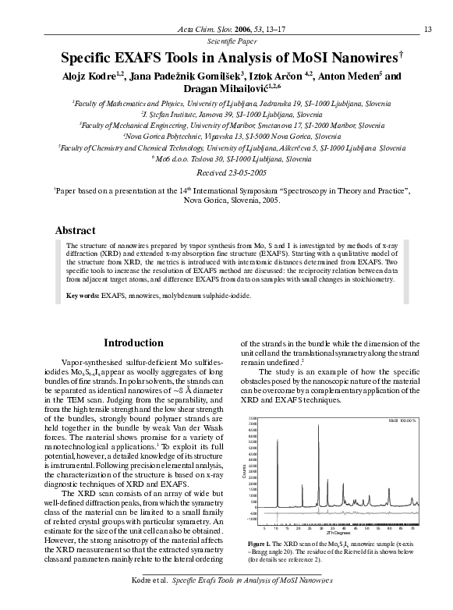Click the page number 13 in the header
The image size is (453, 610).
[427, 30]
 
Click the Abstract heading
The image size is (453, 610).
[76, 231]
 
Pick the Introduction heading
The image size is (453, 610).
[133, 342]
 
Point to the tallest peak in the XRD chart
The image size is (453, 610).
[318, 426]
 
